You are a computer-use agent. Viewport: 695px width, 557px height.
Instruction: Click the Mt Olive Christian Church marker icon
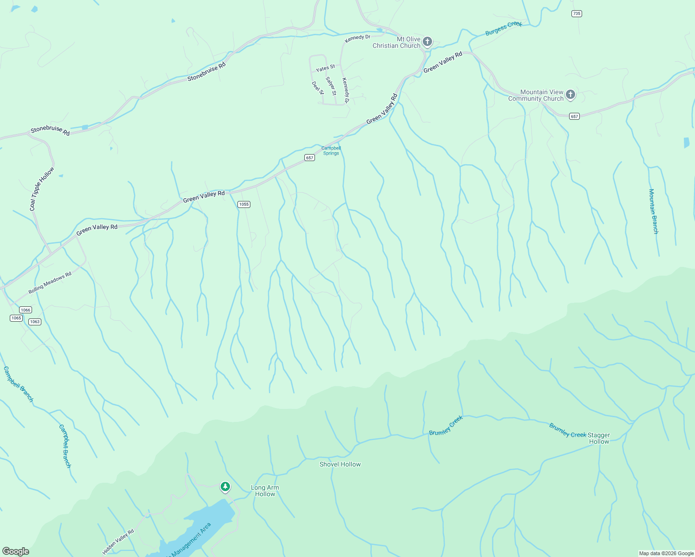pos(427,42)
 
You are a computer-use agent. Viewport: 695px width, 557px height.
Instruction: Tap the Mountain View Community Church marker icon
pos(570,95)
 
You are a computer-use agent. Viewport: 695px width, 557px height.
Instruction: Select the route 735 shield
pos(577,13)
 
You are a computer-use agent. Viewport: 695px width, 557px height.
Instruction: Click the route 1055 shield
pos(243,204)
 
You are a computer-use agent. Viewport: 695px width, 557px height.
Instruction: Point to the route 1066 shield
pos(26,310)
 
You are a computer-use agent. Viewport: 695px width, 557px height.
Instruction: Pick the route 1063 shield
pos(35,322)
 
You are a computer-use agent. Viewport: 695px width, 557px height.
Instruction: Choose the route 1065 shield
pos(16,318)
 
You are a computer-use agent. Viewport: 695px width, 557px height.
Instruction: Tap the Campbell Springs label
pos(331,150)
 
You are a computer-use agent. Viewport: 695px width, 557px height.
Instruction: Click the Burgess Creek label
pos(504,28)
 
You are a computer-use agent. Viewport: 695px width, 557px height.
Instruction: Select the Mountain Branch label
pos(654,211)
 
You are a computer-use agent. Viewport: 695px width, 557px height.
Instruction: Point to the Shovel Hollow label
pos(340,464)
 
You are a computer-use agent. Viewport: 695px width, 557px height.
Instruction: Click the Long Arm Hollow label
pos(265,491)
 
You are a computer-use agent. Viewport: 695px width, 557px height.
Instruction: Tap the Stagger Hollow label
pos(599,438)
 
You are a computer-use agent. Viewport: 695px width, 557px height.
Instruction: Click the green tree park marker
pos(225,487)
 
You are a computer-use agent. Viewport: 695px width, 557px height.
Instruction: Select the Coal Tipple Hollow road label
pos(42,189)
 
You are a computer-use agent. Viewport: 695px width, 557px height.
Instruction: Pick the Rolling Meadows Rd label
pos(50,283)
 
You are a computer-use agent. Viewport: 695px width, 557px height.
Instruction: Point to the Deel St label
pos(318,88)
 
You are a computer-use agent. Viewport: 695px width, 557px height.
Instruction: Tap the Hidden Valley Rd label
pos(118,542)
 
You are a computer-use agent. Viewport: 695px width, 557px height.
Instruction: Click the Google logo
pos(16,551)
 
